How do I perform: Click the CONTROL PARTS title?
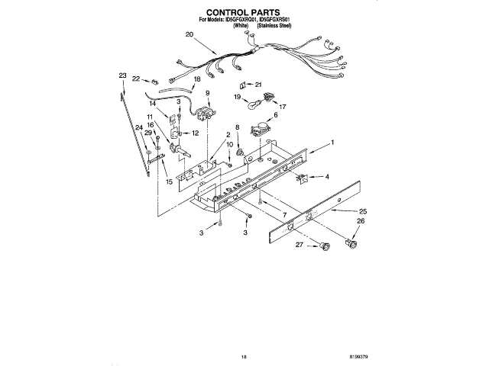[x=244, y=13]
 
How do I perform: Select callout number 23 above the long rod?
[x=122, y=75]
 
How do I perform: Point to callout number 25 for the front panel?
[x=363, y=210]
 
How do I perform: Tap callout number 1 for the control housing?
[x=332, y=143]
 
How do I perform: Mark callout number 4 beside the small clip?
[x=327, y=177]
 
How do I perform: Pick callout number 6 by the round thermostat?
[x=275, y=114]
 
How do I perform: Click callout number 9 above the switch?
[x=207, y=93]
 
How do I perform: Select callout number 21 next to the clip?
[x=258, y=84]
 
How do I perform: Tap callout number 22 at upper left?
[x=135, y=78]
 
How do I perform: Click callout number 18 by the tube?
[x=197, y=79]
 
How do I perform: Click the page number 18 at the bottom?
[x=244, y=355]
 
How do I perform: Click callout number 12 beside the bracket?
[x=196, y=133]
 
